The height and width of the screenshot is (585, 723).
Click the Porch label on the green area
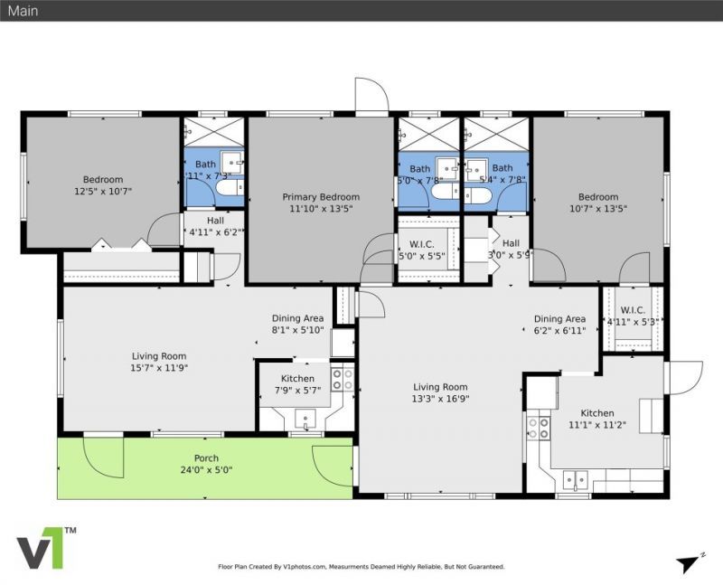[206, 458]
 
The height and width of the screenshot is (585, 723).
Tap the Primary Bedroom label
[321, 197]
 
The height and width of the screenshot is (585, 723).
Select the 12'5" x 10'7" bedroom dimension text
[103, 191]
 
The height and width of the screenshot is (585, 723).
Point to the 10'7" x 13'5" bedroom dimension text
[598, 208]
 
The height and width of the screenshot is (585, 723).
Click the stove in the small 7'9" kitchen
[342, 379]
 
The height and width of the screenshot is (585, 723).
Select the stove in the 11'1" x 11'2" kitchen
[539, 427]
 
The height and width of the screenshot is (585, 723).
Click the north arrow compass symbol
[690, 562]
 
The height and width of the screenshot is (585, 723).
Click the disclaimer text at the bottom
[361, 567]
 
